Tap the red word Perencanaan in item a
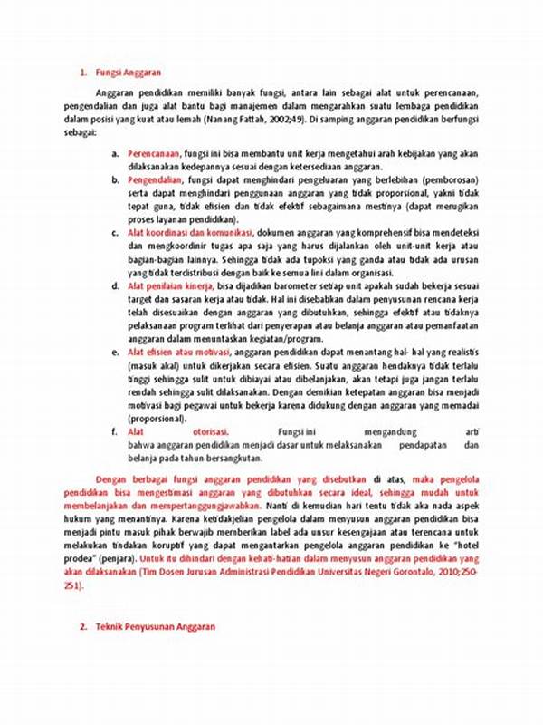[153, 155]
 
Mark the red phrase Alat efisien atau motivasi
[179, 351]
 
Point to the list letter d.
[116, 285]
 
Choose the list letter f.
[116, 431]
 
